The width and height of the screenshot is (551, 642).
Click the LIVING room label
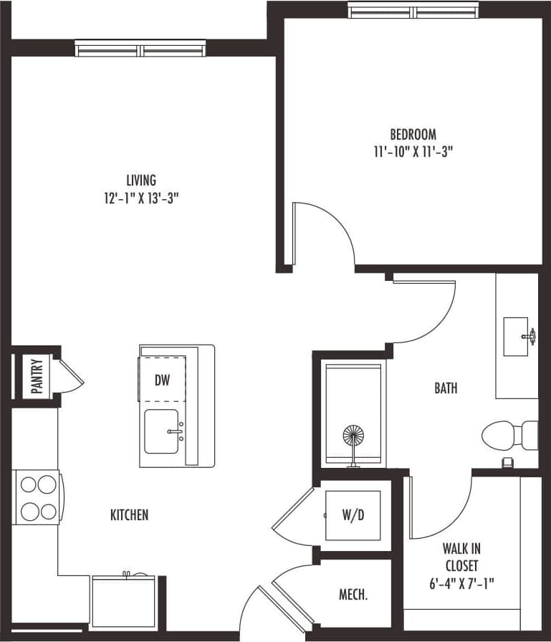[x=140, y=181]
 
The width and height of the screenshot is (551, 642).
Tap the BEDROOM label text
[x=413, y=134]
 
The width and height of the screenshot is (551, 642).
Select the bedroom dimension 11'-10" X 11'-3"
[x=413, y=151]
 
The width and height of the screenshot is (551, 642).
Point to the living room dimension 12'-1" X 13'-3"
[x=140, y=198]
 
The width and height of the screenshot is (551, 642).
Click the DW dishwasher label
[x=163, y=380]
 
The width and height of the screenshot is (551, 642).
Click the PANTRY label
[x=37, y=375]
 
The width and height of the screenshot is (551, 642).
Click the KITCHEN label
[x=130, y=514]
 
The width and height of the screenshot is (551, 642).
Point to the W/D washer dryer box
[x=353, y=515]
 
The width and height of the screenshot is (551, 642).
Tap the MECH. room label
[x=354, y=595]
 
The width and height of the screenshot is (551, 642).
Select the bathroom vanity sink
[x=516, y=336]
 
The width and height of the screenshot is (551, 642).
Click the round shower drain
[x=354, y=437]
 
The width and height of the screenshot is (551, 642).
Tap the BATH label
[x=446, y=388]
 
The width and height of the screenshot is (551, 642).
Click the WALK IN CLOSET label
[x=461, y=557]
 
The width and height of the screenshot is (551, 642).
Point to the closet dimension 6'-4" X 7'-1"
[x=461, y=583]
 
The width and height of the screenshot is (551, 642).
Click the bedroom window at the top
[x=413, y=11]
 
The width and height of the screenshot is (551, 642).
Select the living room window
[x=140, y=49]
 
